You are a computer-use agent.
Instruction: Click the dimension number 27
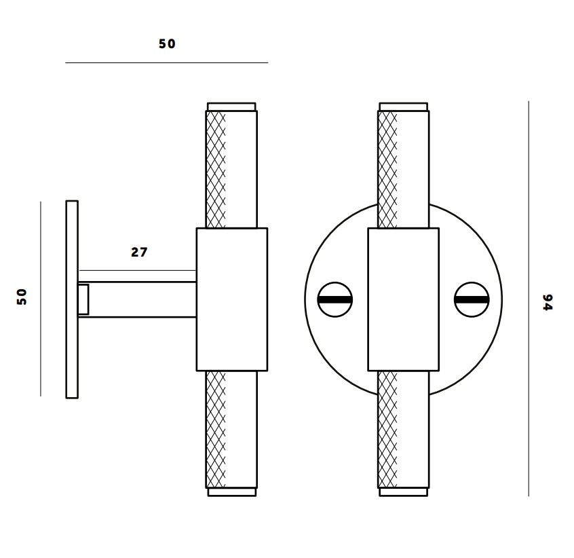139,252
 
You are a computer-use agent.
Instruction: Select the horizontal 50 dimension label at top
167,43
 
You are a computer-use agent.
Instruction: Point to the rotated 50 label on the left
22,296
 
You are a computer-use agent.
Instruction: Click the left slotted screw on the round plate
335,299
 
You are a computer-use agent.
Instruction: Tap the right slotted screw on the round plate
472,299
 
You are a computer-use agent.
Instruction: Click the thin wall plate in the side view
72,299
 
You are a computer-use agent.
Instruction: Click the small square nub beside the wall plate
83,299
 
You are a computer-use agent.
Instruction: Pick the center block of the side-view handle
231,299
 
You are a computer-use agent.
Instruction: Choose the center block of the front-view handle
403,299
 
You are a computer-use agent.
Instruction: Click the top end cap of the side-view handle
231,107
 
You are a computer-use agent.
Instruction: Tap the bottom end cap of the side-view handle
231,492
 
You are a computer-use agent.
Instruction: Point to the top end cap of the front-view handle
403,107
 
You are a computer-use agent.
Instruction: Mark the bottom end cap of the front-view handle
403,492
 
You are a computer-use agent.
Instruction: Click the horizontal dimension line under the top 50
167,62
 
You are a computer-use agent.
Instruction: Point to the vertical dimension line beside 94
529,299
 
